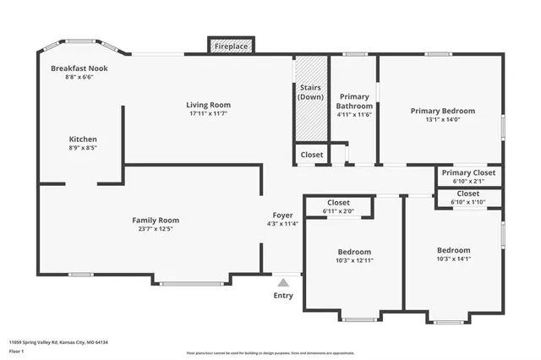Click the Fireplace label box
pyautogui.click(x=230, y=46)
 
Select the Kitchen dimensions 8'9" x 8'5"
pyautogui.click(x=83, y=148)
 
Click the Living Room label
pyautogui.click(x=209, y=105)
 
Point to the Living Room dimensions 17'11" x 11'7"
pyautogui.click(x=209, y=114)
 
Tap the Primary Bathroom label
pyautogui.click(x=355, y=101)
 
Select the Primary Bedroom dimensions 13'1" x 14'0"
pyautogui.click(x=442, y=120)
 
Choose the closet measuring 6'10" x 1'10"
pyautogui.click(x=467, y=202)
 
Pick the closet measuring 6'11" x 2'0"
pyautogui.click(x=339, y=211)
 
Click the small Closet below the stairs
pyautogui.click(x=311, y=155)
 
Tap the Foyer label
pyautogui.click(x=282, y=215)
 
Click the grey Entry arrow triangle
pyautogui.click(x=284, y=282)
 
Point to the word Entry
pyautogui.click(x=284, y=295)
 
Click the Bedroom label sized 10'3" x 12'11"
pyautogui.click(x=354, y=252)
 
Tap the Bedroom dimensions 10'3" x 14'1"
pyautogui.click(x=453, y=259)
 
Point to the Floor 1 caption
pyautogui.click(x=17, y=351)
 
